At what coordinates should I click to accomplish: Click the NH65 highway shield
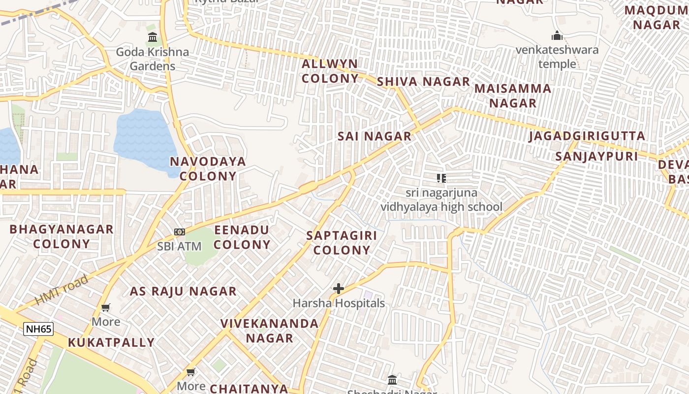point(38,329)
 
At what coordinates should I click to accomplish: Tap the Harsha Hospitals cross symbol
point(339,289)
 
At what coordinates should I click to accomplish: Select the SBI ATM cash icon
point(180,231)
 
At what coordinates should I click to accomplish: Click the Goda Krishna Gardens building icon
point(153,37)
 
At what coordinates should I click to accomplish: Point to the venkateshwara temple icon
point(557,35)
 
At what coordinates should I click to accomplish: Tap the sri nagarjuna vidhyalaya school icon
point(441,178)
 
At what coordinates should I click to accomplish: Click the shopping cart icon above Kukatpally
point(105,308)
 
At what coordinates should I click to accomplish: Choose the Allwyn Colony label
point(330,71)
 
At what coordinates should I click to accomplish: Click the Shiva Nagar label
point(423,82)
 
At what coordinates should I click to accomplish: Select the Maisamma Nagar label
point(513,96)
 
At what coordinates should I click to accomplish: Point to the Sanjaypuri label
point(596,157)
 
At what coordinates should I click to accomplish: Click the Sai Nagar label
point(375,136)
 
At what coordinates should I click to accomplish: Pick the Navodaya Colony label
point(208,168)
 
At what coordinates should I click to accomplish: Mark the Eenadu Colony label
point(242,237)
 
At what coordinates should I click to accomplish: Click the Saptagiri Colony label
point(342,242)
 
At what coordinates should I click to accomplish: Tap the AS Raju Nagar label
point(183,291)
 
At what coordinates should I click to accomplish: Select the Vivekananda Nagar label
point(269,330)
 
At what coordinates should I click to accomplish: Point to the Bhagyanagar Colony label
point(62,236)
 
